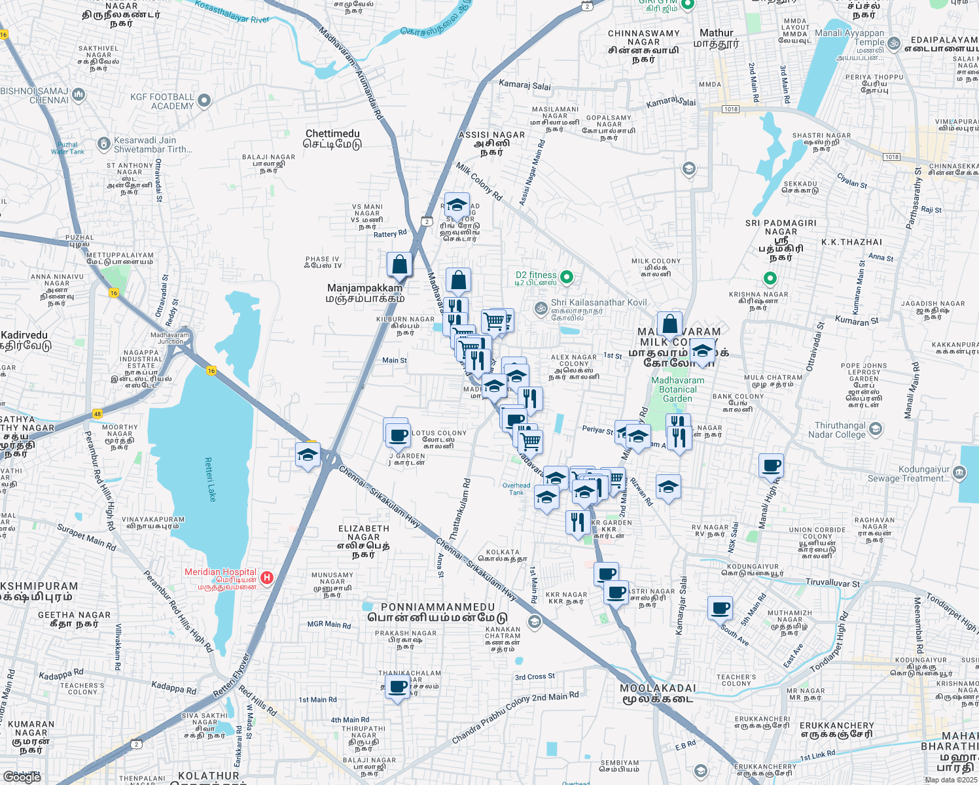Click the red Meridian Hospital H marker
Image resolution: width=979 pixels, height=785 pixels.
[x=266, y=578]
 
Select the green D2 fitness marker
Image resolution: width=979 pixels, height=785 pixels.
[x=567, y=277]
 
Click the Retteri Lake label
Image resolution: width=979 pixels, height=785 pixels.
[x=210, y=480]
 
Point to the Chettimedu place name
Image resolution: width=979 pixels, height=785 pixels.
[x=332, y=139]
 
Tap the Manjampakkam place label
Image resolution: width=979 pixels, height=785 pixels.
[x=365, y=293]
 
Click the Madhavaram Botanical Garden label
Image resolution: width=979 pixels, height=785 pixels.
[x=677, y=389]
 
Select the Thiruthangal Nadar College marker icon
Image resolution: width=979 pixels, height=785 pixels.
[x=876, y=429]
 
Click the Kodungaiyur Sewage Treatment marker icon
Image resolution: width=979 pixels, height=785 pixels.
[x=959, y=472]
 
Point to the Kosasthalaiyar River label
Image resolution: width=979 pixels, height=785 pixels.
[x=232, y=14]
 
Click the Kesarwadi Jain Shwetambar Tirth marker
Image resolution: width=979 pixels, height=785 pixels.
[x=103, y=143]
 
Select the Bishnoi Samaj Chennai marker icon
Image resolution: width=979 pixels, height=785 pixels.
[x=79, y=94]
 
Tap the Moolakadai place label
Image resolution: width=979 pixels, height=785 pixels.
[x=657, y=693]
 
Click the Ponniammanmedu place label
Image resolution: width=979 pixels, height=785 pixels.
[x=437, y=612]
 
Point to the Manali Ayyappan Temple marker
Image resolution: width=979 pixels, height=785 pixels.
[x=894, y=44]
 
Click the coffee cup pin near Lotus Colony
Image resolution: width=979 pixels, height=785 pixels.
[x=397, y=434]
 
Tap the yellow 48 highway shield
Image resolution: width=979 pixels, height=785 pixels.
[x=97, y=414]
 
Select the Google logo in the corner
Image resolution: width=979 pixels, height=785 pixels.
[x=22, y=777]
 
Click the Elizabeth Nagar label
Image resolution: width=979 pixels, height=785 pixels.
[x=363, y=541]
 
